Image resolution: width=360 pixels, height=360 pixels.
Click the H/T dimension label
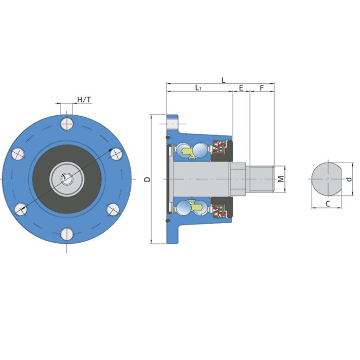point(84,99)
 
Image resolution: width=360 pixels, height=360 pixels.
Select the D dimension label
point(147,179)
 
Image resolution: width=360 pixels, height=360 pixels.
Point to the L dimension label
point(223,80)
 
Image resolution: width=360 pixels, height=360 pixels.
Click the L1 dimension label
point(198,88)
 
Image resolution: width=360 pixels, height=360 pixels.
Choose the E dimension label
point(241,88)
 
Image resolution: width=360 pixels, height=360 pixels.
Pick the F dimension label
point(261,88)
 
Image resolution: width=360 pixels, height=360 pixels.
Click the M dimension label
point(281,179)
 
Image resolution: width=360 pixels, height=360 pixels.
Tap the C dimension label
point(327,204)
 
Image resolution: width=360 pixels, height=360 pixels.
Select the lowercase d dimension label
point(349,179)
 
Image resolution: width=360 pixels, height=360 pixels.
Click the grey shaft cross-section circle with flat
point(326,178)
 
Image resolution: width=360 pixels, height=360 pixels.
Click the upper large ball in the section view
point(200,150)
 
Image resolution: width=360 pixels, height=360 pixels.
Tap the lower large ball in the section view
point(200,208)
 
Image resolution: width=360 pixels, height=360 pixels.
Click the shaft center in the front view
point(66,178)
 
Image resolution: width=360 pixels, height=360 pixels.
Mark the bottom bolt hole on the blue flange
point(66,234)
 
